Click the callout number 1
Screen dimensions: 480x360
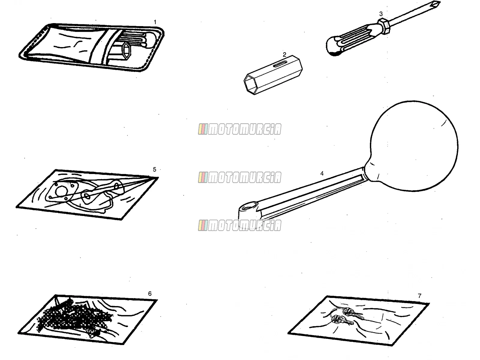[155, 22]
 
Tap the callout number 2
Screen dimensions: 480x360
[284, 54]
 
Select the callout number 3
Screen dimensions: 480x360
[381, 14]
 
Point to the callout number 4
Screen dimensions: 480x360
[322, 173]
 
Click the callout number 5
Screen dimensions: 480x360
[154, 169]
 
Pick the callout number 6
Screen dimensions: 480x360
[150, 294]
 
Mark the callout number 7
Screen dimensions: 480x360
[419, 296]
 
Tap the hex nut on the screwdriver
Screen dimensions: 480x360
[384, 26]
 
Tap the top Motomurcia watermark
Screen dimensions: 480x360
[240, 129]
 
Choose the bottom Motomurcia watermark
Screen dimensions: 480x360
[240, 226]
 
